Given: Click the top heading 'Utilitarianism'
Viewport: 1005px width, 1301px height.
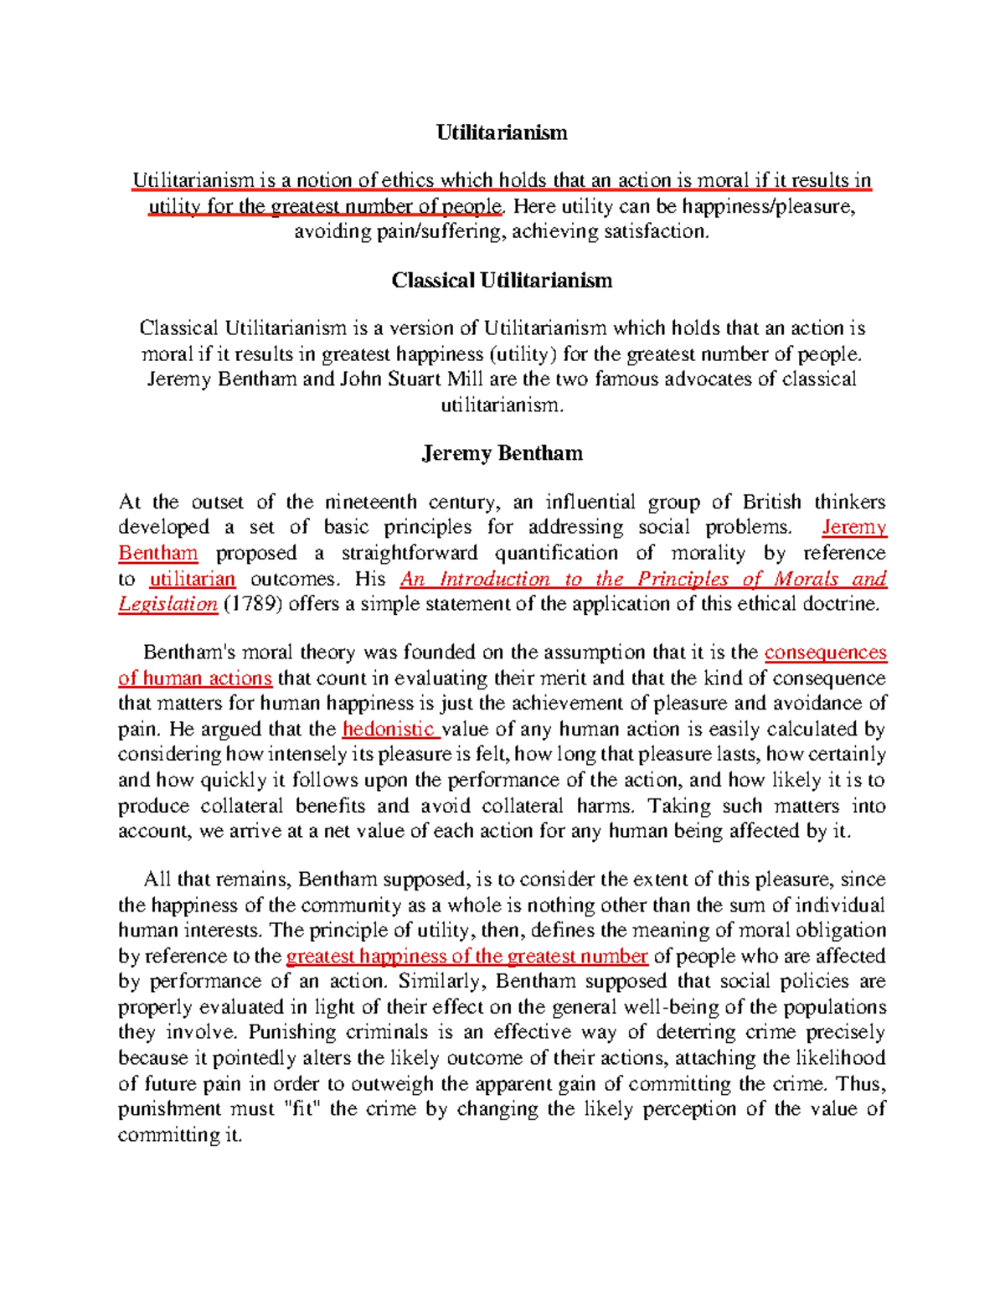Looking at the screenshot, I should click(502, 132).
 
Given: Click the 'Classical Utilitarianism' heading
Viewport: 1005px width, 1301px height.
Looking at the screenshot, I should click(502, 280).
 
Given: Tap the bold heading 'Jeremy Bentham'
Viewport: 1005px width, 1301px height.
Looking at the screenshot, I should click(502, 453).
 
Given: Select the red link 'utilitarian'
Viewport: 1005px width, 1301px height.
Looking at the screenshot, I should click(192, 579).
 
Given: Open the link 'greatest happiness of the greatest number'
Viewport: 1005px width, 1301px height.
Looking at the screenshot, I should click(466, 956).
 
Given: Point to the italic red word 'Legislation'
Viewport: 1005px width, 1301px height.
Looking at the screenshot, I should click(167, 604).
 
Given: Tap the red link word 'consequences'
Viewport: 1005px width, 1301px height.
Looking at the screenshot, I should click(825, 653).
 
